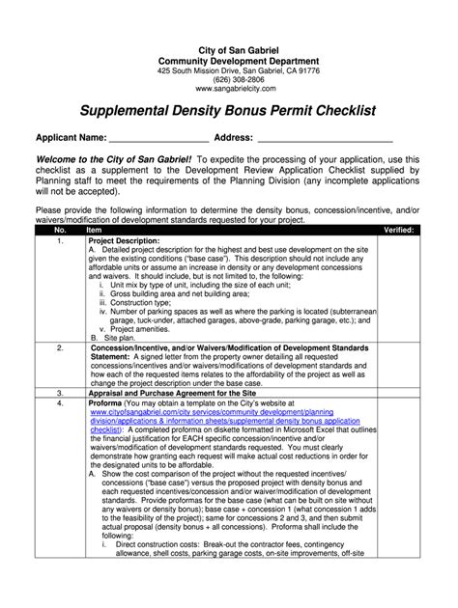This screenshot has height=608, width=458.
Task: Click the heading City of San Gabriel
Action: click(229, 49)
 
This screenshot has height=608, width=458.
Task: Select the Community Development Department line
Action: click(229, 61)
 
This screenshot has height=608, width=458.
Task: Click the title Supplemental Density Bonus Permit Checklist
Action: click(229, 113)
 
